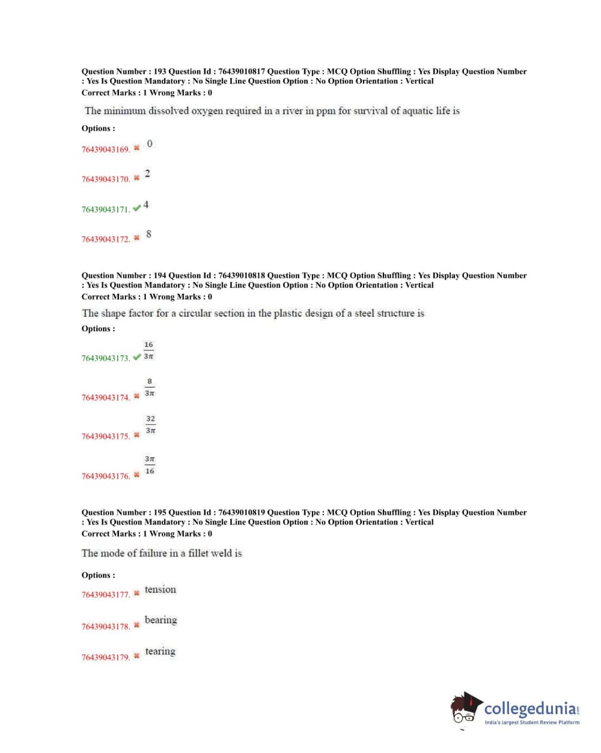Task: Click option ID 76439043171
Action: (106, 209)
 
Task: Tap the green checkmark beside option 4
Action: (137, 208)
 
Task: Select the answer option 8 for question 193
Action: (148, 235)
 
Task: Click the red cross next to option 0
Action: (137, 148)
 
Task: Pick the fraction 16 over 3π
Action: (148, 351)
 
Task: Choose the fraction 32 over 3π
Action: (151, 425)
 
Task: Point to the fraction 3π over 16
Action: (150, 465)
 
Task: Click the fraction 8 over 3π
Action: (150, 388)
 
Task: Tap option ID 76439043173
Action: (106, 358)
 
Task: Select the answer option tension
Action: (160, 590)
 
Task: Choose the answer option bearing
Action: (161, 620)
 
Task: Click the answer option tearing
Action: (160, 652)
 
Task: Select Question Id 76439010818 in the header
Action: (241, 276)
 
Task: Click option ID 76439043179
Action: (106, 657)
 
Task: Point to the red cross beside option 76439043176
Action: (137, 475)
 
